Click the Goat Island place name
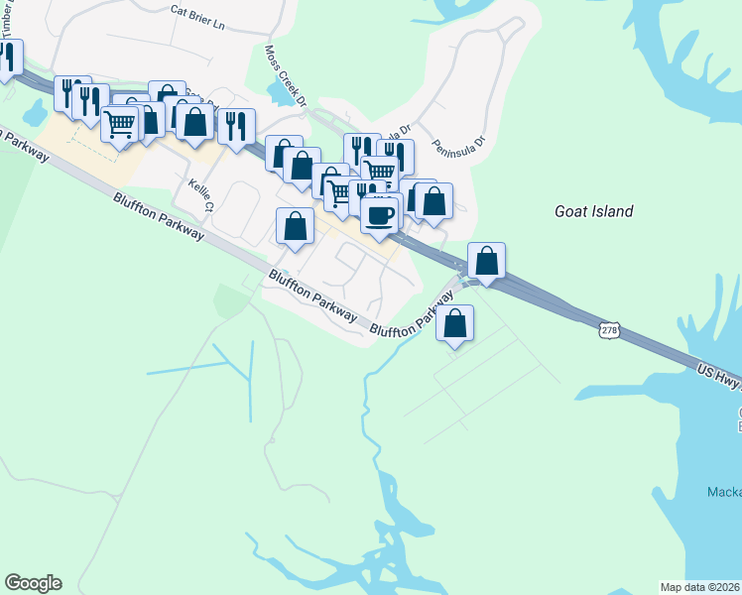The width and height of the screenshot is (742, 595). [x=592, y=211]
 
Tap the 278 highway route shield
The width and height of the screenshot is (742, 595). [x=609, y=329]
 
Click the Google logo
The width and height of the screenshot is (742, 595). [x=33, y=583]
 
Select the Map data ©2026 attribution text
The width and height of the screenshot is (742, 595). [x=699, y=587]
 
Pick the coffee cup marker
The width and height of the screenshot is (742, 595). [x=379, y=214]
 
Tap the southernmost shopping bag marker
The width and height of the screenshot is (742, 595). [x=454, y=323]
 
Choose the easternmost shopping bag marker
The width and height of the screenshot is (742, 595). [x=486, y=261]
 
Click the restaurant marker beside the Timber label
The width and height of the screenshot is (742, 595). [x=9, y=58]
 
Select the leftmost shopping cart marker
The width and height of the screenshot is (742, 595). [x=119, y=125]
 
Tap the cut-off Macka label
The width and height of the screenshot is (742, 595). [x=724, y=492]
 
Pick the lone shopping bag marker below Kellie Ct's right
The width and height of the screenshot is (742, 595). [x=295, y=227]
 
